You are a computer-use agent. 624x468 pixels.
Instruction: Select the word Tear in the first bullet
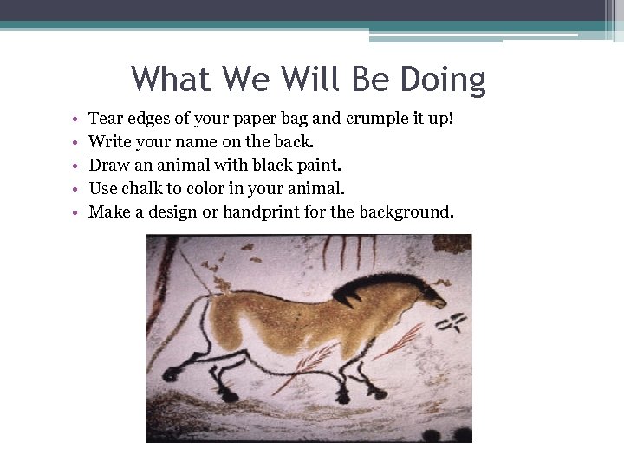106,118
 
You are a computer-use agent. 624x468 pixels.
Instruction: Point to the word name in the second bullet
182,141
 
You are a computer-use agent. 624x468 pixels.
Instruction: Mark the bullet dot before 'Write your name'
76,142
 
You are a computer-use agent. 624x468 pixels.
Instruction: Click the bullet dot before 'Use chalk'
76,189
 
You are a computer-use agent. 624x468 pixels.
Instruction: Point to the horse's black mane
364,286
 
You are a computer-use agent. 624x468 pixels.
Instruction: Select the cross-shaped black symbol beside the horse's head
451,323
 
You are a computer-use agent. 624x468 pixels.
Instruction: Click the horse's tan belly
286,334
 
